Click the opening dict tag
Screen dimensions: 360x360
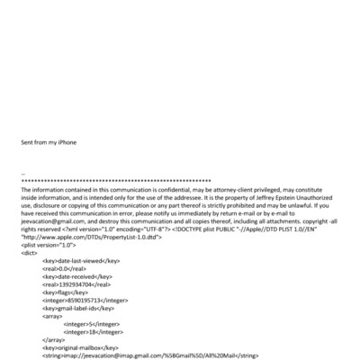(x=29, y=253)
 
